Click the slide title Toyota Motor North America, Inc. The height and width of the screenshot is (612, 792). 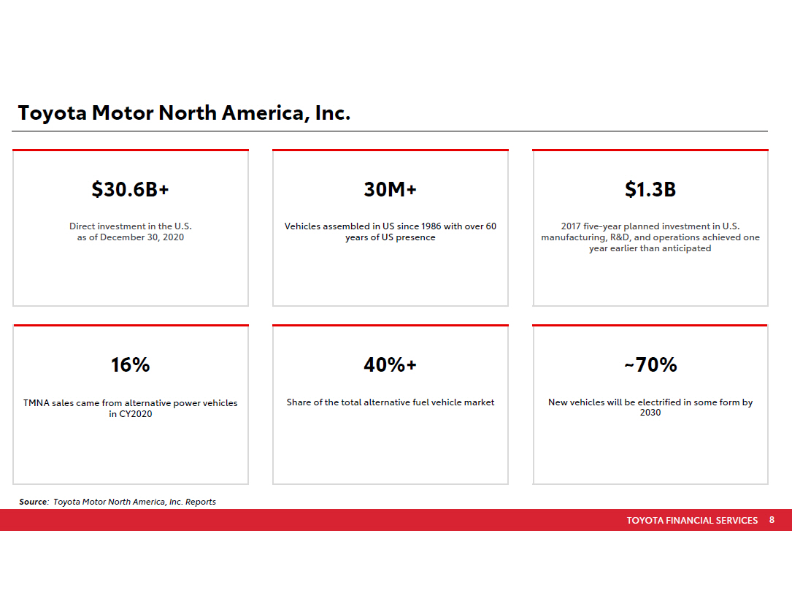tap(185, 114)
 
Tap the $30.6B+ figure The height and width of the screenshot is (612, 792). tap(131, 190)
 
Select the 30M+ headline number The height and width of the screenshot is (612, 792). tap(391, 190)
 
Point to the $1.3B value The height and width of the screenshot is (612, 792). tap(650, 190)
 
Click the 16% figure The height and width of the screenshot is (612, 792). tap(131, 365)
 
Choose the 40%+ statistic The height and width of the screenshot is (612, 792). tap(391, 365)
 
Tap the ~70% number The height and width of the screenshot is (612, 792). tap(650, 365)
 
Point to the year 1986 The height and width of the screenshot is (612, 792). tap(426, 226)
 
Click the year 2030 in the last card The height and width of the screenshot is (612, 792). tap(650, 413)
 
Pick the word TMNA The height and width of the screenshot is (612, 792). tap(36, 403)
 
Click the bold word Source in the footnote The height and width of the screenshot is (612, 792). tap(33, 502)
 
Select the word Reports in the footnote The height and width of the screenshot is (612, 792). tap(201, 502)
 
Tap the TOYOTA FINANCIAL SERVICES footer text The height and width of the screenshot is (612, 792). tap(692, 521)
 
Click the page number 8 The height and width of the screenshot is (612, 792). tap(772, 521)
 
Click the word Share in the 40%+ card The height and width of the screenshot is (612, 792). tap(299, 402)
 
